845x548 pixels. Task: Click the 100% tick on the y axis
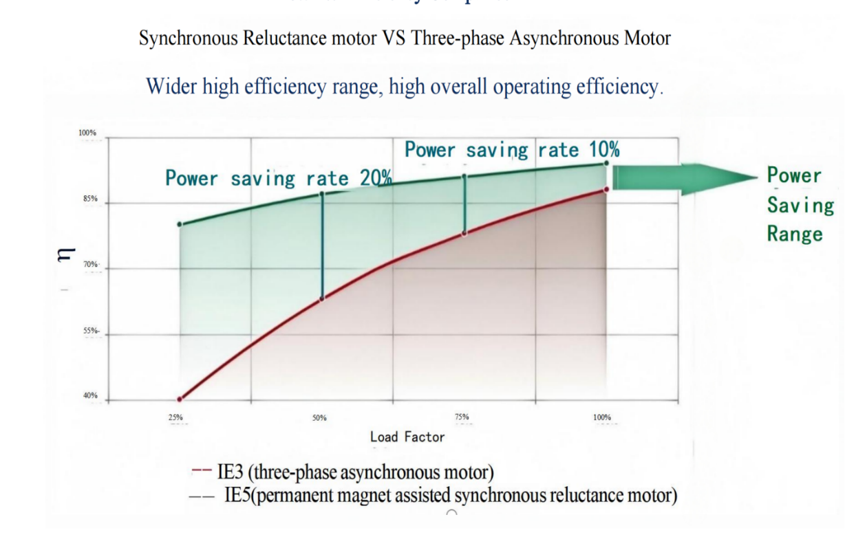[x=87, y=133]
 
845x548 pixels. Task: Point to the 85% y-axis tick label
[x=90, y=199]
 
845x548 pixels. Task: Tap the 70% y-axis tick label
[x=90, y=265]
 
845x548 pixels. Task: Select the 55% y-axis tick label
[x=91, y=331]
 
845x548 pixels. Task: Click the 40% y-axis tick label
[x=90, y=396]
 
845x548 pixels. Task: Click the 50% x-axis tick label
[x=319, y=417]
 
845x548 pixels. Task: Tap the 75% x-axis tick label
[x=462, y=417]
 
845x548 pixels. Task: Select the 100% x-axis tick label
[x=602, y=417]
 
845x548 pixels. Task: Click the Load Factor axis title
[x=407, y=437]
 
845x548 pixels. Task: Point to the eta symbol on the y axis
[x=63, y=256]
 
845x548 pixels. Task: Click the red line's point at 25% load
[x=180, y=399]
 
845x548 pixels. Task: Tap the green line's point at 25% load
[x=180, y=224]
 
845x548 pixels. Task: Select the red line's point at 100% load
[x=606, y=189]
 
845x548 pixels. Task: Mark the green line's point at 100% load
[x=606, y=163]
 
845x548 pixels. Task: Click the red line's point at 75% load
[x=464, y=233]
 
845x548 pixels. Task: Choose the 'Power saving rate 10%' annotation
[x=512, y=150]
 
